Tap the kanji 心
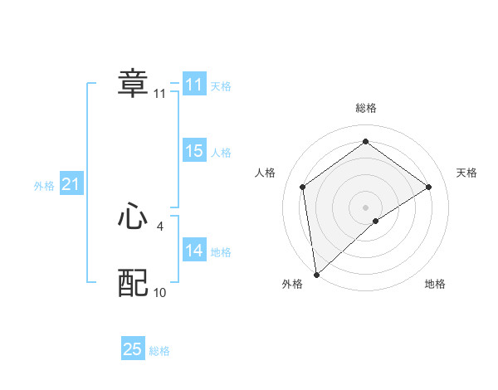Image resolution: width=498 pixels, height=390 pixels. (133, 217)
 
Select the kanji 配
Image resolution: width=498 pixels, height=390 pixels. (133, 283)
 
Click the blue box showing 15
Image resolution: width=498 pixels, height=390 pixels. (194, 151)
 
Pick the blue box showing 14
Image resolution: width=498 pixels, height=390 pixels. (194, 251)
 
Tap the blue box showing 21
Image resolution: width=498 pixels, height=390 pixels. (71, 184)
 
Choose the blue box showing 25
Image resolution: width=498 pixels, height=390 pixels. (133, 349)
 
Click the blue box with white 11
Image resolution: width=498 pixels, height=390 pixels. (194, 85)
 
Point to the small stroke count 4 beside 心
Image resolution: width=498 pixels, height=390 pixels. (160, 226)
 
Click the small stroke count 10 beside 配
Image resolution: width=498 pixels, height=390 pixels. (160, 292)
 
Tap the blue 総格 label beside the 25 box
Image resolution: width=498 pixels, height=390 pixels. (159, 351)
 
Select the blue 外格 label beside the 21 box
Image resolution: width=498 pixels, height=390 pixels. (44, 186)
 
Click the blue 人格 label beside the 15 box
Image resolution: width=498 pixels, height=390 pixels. (221, 153)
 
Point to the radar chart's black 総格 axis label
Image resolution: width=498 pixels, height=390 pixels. (365, 109)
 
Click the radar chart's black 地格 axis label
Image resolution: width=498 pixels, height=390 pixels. (435, 284)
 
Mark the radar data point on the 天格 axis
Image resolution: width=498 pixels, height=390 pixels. (429, 187)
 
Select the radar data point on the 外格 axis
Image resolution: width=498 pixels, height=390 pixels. (315, 275)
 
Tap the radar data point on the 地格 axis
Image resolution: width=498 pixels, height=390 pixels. (376, 221)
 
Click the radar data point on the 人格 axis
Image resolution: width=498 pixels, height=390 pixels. (303, 187)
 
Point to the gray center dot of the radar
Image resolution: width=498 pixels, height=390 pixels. (365, 207)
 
